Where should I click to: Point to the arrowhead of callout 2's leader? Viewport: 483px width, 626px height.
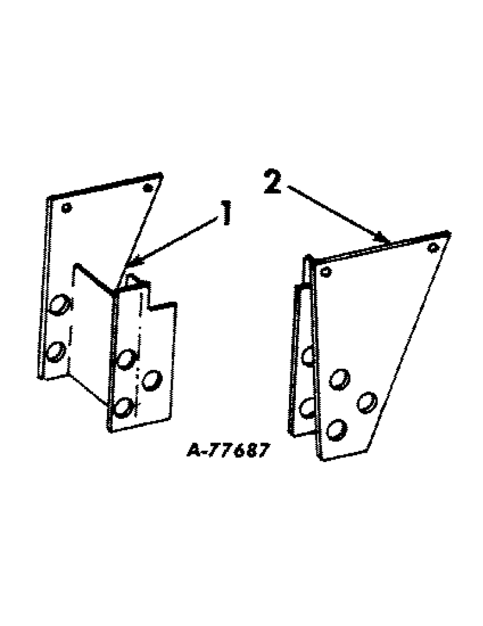[x=382, y=239]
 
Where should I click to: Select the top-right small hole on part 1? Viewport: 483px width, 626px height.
[x=148, y=188]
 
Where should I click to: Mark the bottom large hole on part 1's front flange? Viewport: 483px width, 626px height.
[x=123, y=407]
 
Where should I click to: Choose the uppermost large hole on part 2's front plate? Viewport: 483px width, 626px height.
[x=339, y=378]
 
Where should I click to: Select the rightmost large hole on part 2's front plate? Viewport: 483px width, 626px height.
[x=366, y=401]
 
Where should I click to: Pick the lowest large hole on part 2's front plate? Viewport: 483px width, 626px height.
[x=337, y=429]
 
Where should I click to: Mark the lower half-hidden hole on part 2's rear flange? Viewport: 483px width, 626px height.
[x=307, y=408]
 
